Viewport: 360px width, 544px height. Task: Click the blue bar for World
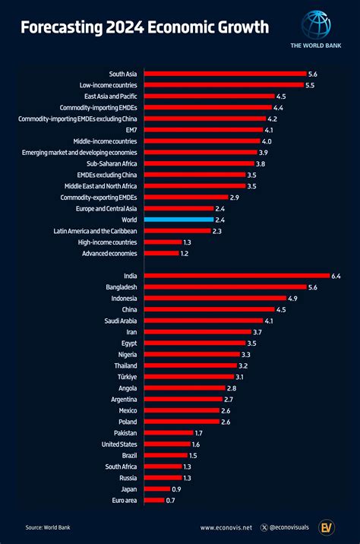(x=178, y=219)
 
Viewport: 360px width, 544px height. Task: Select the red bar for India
(x=236, y=276)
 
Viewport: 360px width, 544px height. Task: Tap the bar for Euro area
(x=154, y=500)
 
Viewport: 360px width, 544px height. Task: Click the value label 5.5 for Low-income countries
(x=310, y=85)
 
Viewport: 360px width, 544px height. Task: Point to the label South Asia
(x=123, y=74)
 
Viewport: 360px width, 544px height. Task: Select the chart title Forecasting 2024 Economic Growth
(x=144, y=28)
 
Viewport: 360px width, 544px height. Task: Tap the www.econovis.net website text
(x=227, y=527)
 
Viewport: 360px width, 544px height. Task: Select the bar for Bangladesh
(x=225, y=287)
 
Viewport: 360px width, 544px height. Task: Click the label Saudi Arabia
(x=118, y=321)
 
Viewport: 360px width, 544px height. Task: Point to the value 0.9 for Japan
(x=176, y=489)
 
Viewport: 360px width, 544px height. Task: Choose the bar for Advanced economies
(x=161, y=253)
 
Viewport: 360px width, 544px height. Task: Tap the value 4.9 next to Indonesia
(x=292, y=299)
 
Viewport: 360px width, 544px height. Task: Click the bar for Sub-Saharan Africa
(x=199, y=163)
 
